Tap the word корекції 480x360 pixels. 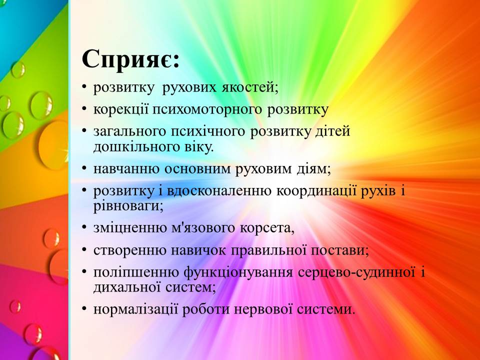[x=121, y=110]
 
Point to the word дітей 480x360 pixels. [x=332, y=131]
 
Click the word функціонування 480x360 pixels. [x=238, y=272]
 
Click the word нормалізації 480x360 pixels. [x=135, y=309]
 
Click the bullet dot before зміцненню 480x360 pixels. [x=84, y=227]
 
